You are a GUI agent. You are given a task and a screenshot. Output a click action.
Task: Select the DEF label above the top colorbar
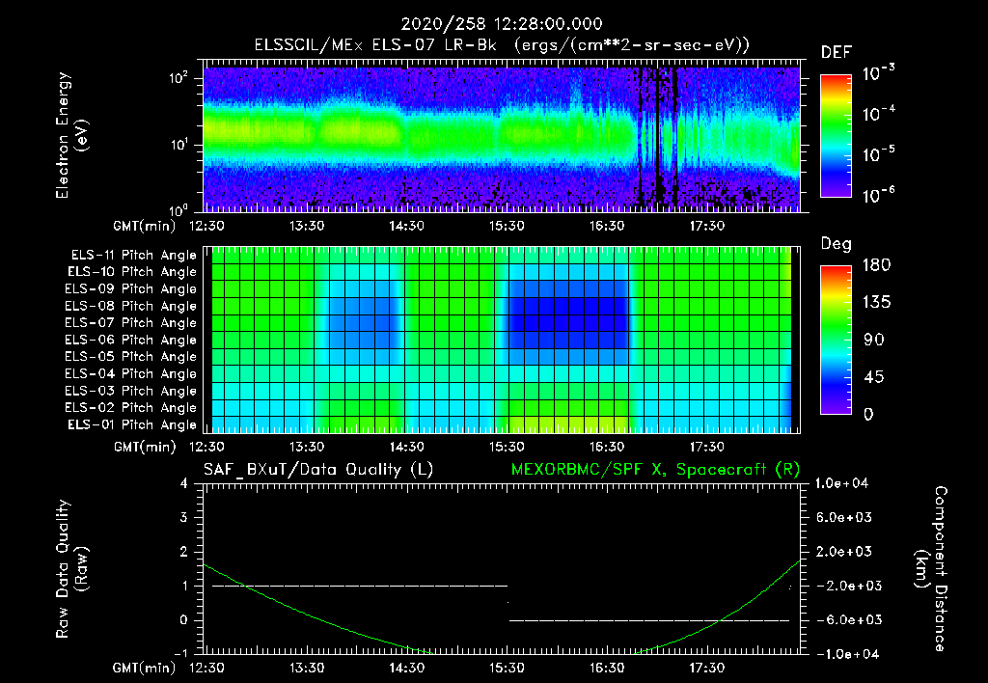tap(836, 52)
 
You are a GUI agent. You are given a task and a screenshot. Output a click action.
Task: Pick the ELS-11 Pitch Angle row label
tap(133, 256)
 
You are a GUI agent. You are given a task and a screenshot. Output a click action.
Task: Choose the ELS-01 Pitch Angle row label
tap(133, 424)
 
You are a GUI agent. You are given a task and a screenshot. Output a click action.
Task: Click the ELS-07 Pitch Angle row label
tap(133, 323)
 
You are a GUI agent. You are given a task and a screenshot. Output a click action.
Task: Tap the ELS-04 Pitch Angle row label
tap(133, 373)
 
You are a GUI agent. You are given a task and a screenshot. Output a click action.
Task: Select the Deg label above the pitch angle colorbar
tap(836, 244)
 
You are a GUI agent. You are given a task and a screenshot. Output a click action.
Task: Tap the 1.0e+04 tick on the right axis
tap(844, 482)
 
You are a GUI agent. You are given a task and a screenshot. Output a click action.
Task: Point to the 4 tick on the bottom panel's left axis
tap(184, 483)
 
